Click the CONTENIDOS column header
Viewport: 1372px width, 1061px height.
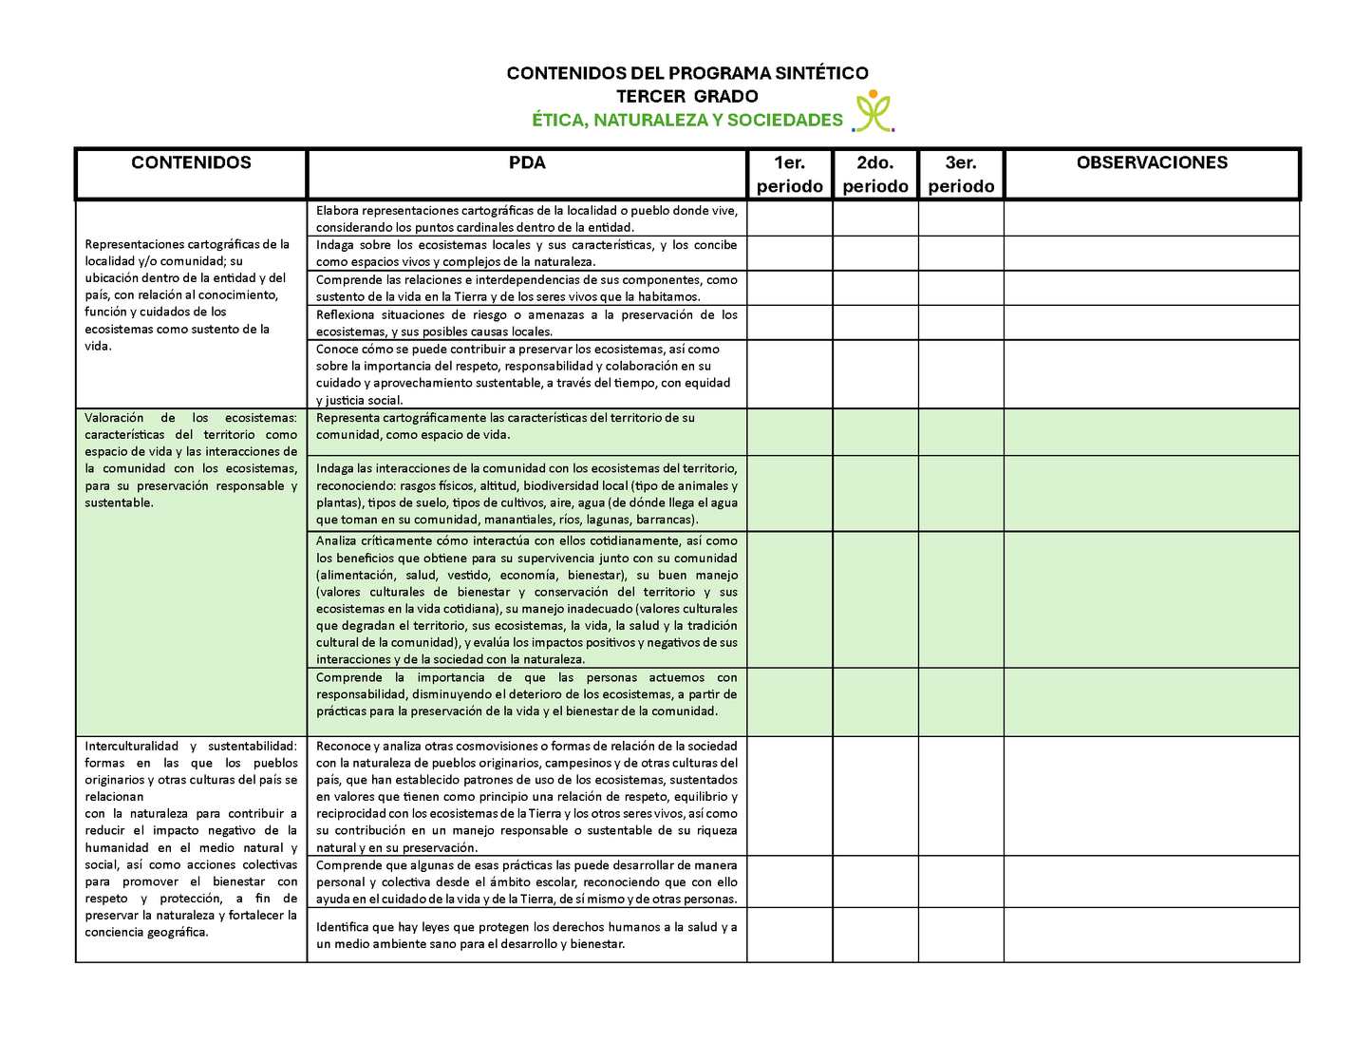pos(191,163)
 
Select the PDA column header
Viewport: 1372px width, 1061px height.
pos(527,163)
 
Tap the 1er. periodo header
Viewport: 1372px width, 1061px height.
pos(790,175)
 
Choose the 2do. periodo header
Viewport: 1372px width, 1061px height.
pos(875,175)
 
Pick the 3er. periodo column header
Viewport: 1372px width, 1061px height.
pos(961,175)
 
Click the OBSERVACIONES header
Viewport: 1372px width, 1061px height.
pos(1152,163)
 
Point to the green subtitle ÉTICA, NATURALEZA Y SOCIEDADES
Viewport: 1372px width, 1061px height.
pos(686,121)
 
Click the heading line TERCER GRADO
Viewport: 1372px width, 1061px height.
pos(686,96)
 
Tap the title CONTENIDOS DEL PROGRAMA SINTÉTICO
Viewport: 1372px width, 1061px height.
pos(686,73)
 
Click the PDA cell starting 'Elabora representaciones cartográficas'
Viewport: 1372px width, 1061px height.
pos(527,218)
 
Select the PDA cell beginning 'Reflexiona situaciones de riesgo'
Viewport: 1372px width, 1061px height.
pos(527,323)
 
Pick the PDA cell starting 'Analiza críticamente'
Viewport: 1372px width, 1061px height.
pos(527,599)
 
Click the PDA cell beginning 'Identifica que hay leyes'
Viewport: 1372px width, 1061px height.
pos(527,936)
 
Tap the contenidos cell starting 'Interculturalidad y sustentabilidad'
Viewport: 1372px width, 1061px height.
pos(191,839)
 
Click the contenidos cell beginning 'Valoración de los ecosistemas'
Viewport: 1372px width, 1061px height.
pos(191,460)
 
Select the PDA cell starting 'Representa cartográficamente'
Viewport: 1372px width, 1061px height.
pos(527,426)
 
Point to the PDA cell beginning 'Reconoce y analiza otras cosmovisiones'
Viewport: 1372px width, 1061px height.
pos(527,796)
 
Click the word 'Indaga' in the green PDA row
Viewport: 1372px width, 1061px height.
pos(335,468)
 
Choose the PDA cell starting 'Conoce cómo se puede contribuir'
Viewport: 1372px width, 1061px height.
pos(527,374)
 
